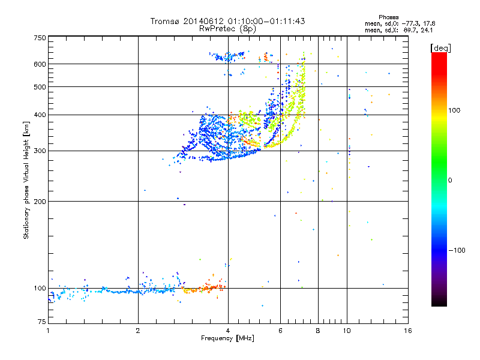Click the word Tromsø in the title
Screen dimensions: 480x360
coord(165,21)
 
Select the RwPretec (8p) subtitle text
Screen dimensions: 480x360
coord(227,29)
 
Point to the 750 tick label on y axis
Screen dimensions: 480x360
coord(40,38)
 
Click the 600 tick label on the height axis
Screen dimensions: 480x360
coord(40,64)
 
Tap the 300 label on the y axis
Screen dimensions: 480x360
coord(40,151)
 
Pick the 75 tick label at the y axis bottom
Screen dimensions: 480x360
coord(42,322)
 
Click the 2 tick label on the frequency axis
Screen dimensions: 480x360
coord(138,331)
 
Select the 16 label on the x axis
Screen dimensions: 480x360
coord(408,331)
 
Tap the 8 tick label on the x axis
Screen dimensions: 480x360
coord(318,331)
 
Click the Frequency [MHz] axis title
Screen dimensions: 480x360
coord(228,338)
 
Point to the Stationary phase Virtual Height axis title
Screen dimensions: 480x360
coord(26,180)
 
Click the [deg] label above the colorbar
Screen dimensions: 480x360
coord(440,48)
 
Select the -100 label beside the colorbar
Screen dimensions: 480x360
coord(457,250)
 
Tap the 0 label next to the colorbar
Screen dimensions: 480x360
coord(450,181)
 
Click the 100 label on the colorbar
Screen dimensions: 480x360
coord(454,110)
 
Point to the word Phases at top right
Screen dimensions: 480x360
coord(388,17)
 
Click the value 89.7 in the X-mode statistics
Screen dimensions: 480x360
coord(410,30)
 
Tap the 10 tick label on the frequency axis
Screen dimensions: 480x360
coord(347,331)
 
